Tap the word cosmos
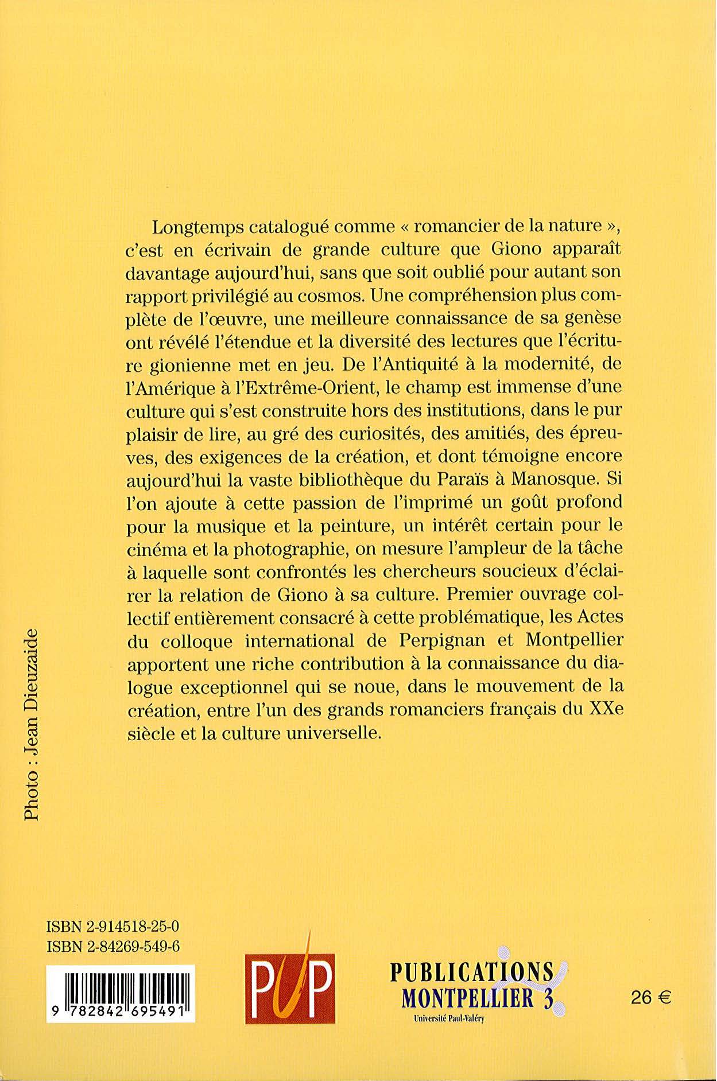coord(331,296)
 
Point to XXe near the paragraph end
coord(606,710)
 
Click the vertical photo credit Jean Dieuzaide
coord(31,725)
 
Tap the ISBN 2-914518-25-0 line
coord(113,926)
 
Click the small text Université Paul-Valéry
coord(448,1019)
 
